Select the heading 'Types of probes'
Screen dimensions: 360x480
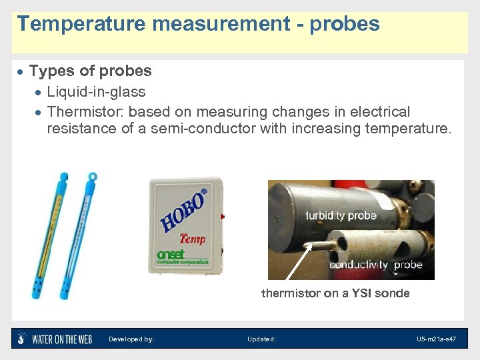[90, 71]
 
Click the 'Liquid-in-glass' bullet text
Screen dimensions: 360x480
[96, 91]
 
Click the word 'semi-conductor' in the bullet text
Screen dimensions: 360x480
[203, 128]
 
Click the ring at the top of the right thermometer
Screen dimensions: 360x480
[93, 177]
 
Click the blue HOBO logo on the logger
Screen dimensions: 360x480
[184, 210]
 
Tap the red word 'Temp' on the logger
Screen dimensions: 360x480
[192, 238]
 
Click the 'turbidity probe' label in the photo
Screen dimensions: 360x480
[341, 215]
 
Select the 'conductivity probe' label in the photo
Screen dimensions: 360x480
[375, 265]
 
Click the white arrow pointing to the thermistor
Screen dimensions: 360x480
[297, 263]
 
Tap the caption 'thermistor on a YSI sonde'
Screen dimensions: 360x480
[335, 293]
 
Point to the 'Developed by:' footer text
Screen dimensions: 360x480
[131, 339]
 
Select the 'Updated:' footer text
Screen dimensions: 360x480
[261, 339]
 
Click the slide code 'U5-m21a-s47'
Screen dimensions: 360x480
[436, 339]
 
